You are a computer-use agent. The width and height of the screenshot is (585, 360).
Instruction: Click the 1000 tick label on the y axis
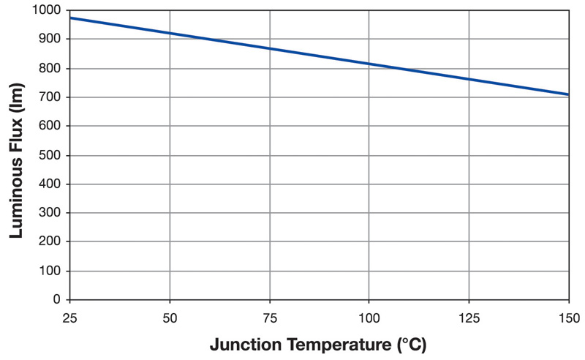pos(48,10)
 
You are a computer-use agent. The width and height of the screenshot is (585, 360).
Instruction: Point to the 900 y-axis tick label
pos(51,39)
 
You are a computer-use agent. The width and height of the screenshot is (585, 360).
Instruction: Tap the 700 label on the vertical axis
pos(51,97)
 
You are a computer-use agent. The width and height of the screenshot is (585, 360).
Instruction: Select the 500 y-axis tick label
pos(51,155)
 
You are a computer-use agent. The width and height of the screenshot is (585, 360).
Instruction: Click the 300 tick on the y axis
pos(51,213)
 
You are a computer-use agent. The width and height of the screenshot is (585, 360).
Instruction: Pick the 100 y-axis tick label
pos(51,271)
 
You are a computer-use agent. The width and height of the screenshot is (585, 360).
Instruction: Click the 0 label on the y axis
pos(58,299)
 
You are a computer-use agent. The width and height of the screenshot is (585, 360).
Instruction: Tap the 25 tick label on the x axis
pos(69,318)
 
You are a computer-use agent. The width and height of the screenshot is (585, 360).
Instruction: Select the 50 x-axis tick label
pos(170,318)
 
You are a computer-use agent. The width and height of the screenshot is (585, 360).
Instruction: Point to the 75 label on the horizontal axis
pos(270,318)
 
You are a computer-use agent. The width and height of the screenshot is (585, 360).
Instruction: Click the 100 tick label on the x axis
pos(369,318)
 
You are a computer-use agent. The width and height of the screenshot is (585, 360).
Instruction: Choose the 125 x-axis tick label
pos(469,318)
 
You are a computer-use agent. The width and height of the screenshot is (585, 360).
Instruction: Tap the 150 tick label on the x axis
pos(568,318)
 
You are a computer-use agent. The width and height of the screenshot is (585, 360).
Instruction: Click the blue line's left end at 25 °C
pos(70,18)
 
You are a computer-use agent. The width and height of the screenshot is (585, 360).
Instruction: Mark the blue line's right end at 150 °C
pos(568,94)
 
